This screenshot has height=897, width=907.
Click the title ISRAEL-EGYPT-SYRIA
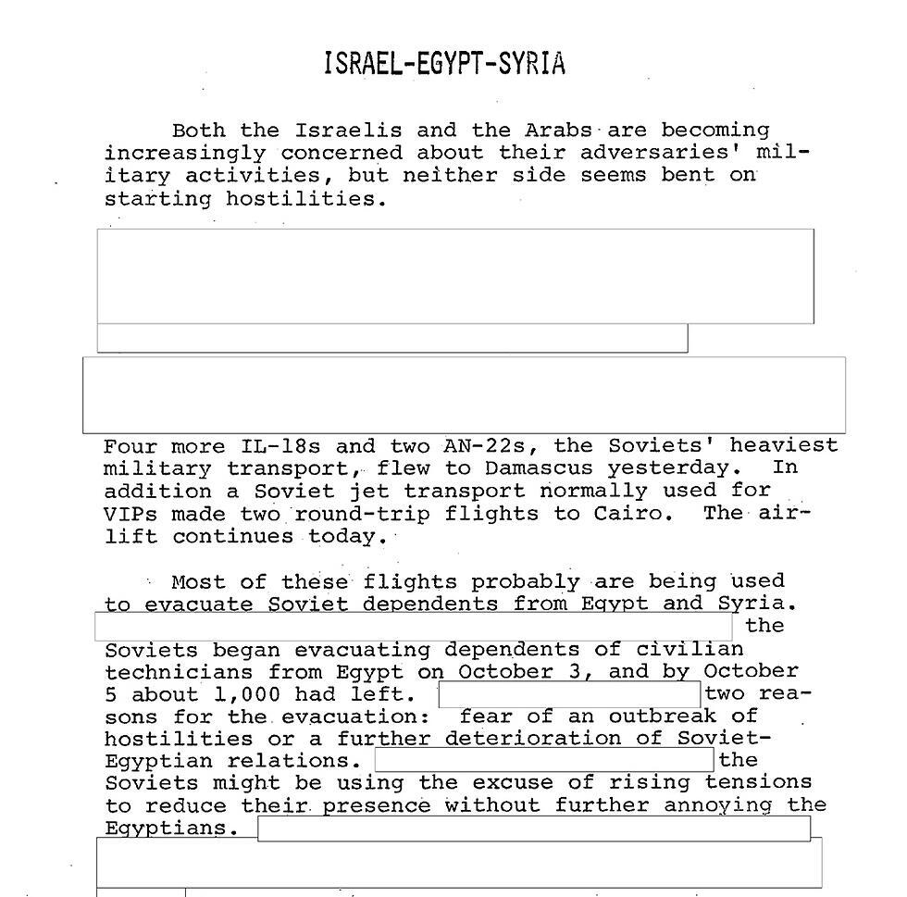click(444, 64)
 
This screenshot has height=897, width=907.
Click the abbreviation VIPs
click(130, 514)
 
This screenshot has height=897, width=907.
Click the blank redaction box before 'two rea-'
click(569, 694)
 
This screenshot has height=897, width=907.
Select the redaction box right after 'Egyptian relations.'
click(544, 761)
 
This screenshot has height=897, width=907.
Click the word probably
click(525, 582)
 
